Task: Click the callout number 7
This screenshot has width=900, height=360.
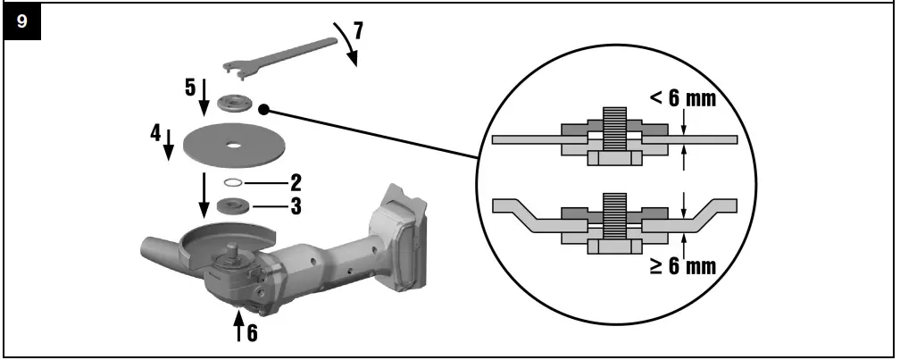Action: pos(357,29)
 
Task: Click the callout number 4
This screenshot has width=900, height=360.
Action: pos(155,135)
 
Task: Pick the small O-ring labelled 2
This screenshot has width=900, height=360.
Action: pos(234,183)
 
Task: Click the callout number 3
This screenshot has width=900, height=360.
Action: pos(295,206)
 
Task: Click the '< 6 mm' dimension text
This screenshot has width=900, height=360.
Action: pos(682,98)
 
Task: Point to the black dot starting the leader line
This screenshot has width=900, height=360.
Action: pos(264,108)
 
